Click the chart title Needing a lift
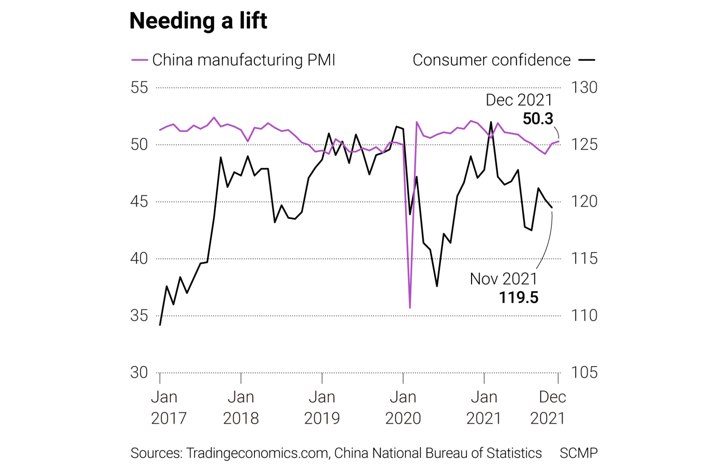pyautogui.click(x=198, y=21)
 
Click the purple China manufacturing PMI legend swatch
pyautogui.click(x=139, y=60)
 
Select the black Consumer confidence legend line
pyautogui.click(x=586, y=60)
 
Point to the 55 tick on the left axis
pyautogui.click(x=139, y=88)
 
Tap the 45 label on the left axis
pyautogui.click(x=139, y=202)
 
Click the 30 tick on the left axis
pyautogui.click(x=139, y=373)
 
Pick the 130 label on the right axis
pyautogui.click(x=584, y=88)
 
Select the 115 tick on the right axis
pyautogui.click(x=584, y=259)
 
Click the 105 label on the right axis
pyautogui.click(x=584, y=373)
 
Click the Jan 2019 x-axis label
pyautogui.click(x=322, y=408)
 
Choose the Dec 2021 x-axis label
pyautogui.click(x=548, y=408)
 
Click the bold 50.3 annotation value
pyautogui.click(x=538, y=119)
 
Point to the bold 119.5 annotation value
pyautogui.click(x=519, y=298)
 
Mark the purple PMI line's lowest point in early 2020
pyautogui.click(x=410, y=308)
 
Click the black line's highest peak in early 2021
pyautogui.click(x=491, y=122)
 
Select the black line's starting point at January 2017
pyautogui.click(x=160, y=325)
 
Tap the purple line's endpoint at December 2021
pyautogui.click(x=559, y=141)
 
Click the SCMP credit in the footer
pyautogui.click(x=578, y=453)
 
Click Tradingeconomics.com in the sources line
pyautogui.click(x=257, y=453)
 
